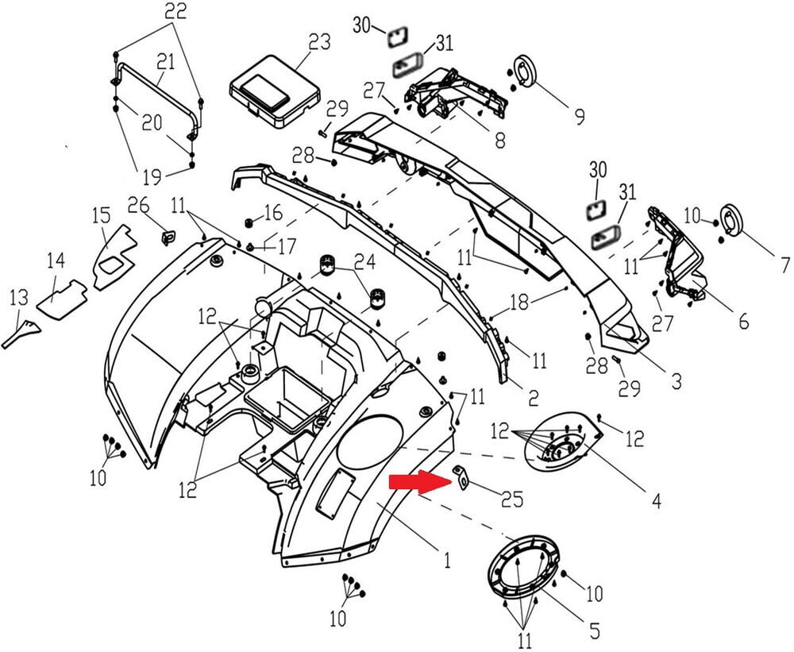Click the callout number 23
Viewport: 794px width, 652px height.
coord(320,42)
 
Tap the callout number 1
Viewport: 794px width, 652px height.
coord(447,561)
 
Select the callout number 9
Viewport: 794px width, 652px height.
coord(580,117)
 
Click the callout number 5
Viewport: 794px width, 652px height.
coord(593,632)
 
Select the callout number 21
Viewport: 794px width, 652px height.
coord(165,61)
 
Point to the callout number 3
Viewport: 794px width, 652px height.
coord(675,382)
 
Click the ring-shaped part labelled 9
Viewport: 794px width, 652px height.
coord(524,70)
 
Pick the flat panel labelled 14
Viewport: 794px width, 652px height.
coord(63,297)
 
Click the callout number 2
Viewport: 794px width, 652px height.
coord(534,395)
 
